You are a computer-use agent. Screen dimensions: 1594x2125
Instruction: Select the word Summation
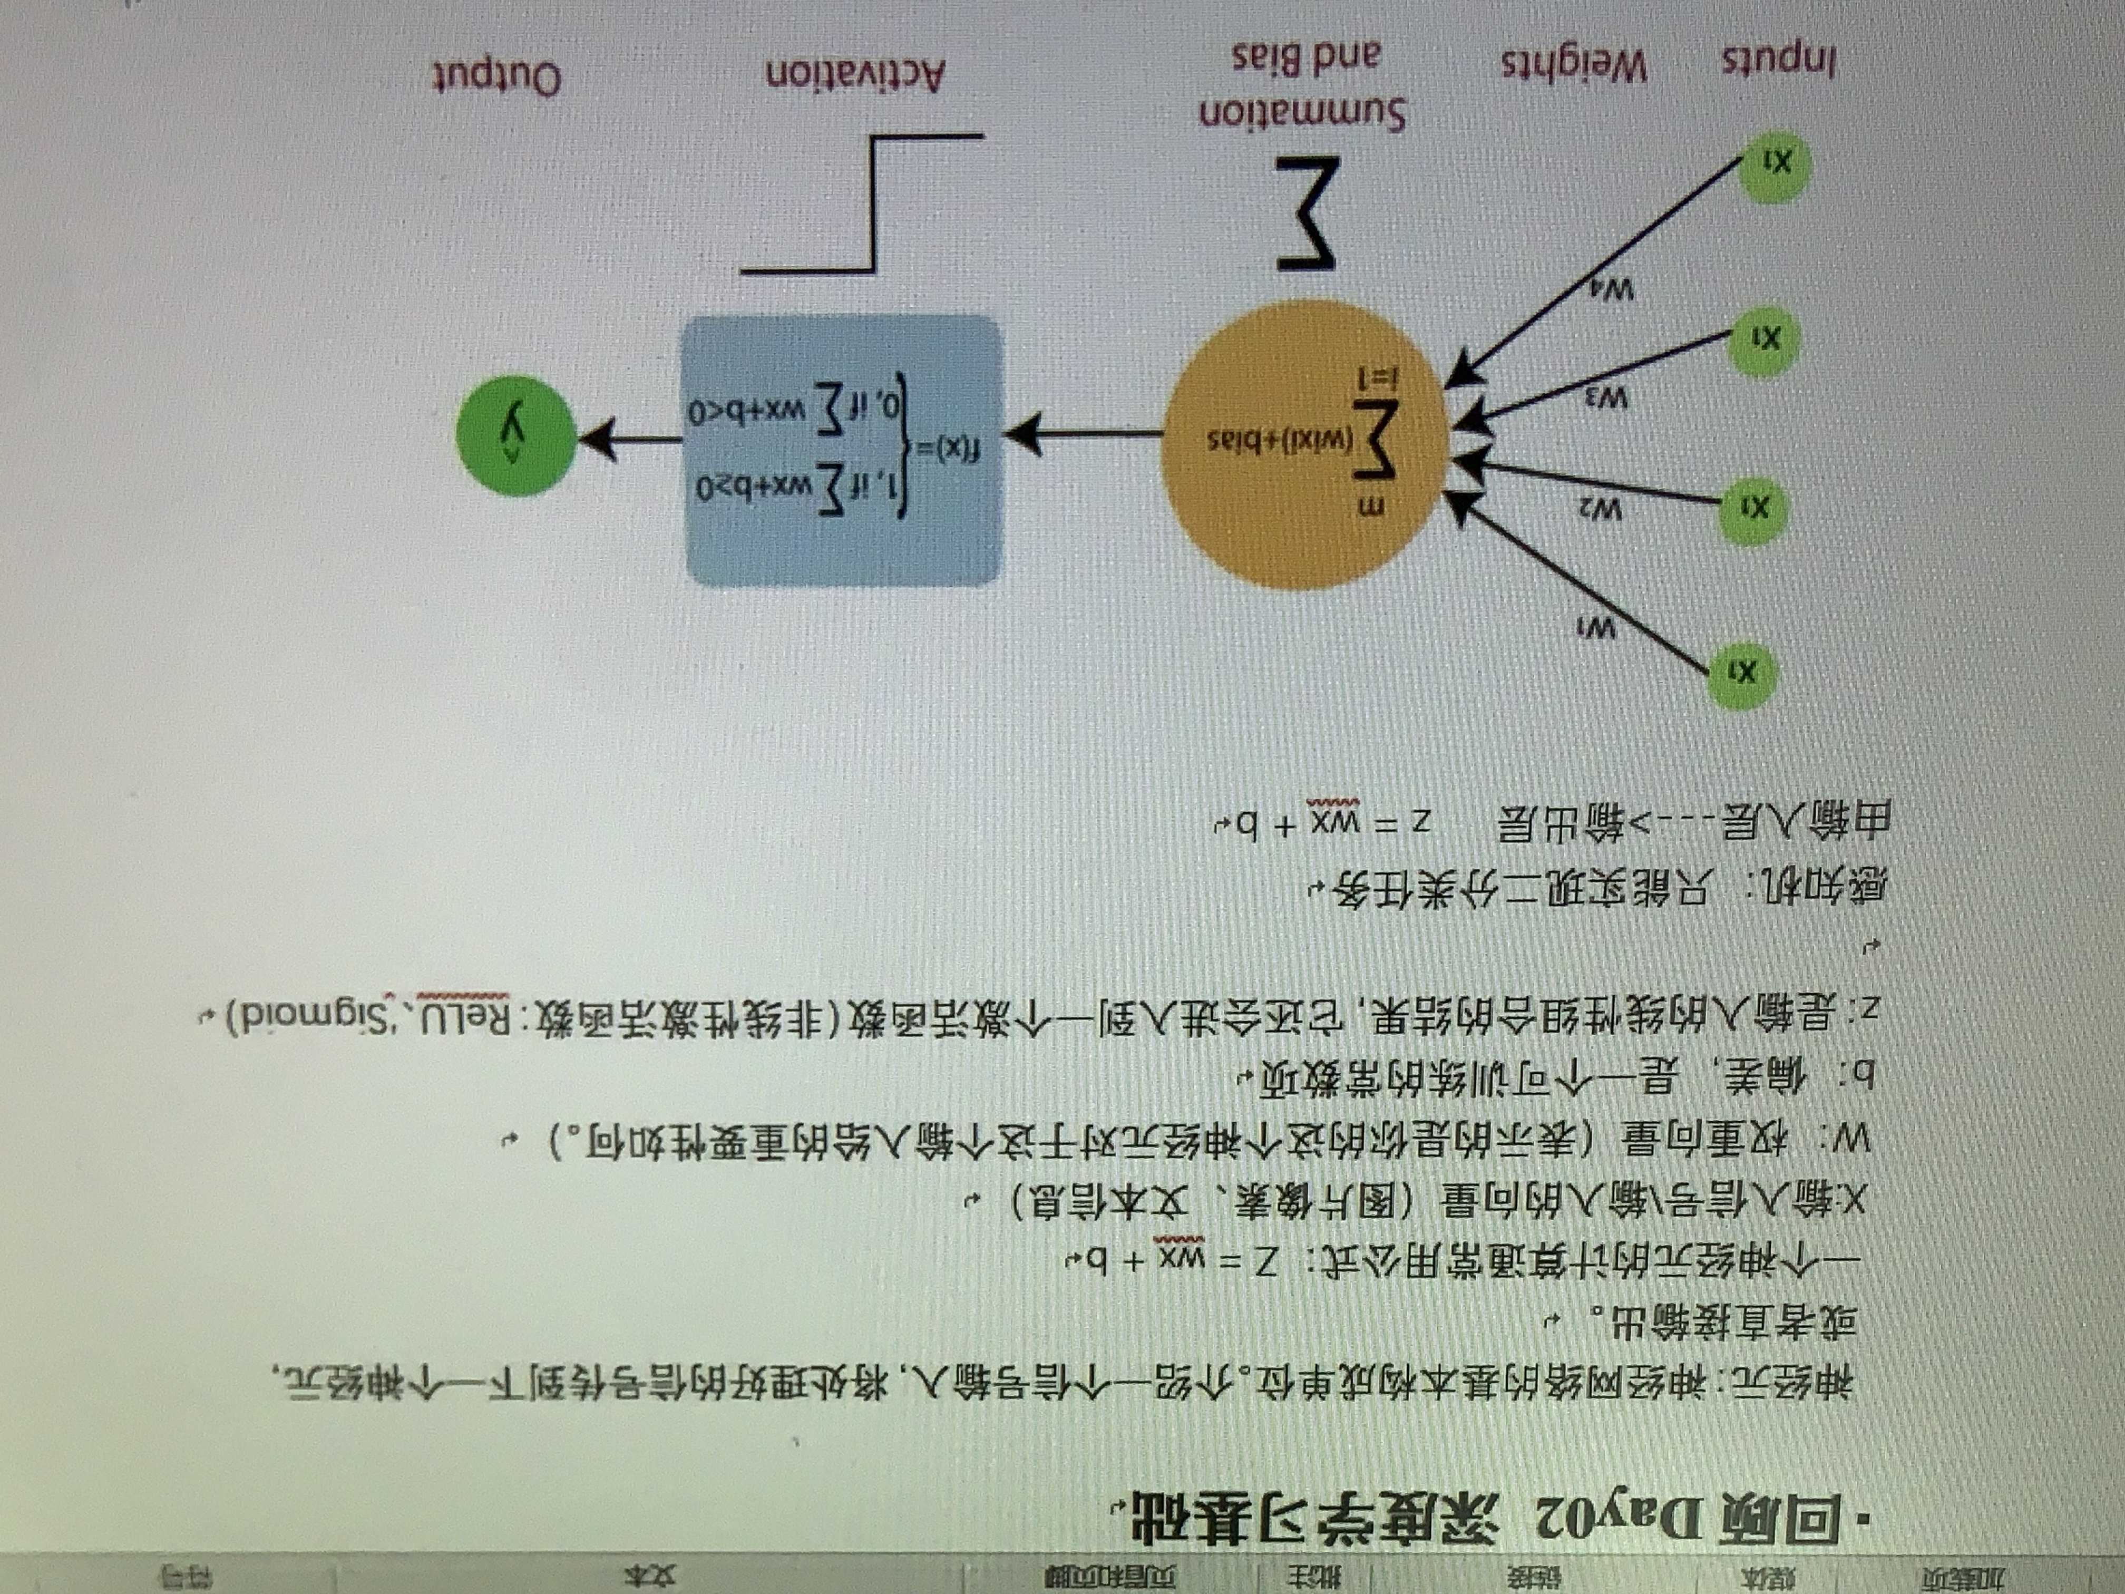[x=1302, y=113]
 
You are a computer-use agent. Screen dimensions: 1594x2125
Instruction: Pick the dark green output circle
[x=516, y=436]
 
